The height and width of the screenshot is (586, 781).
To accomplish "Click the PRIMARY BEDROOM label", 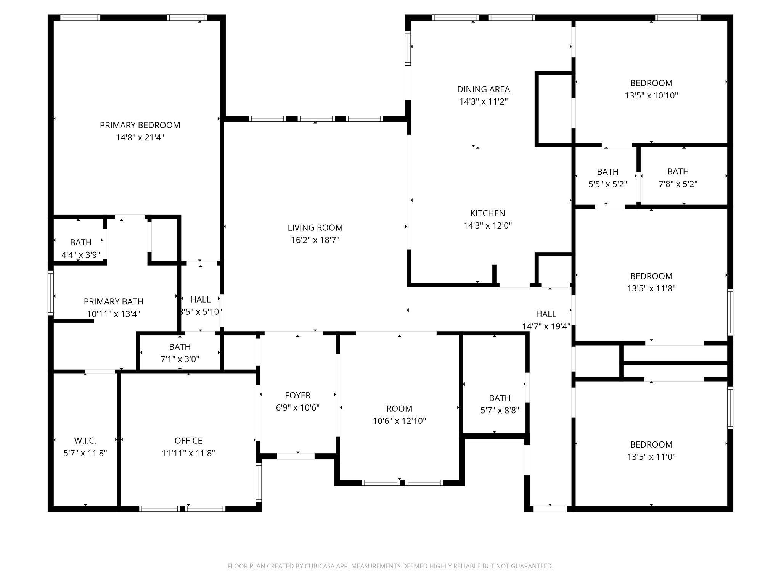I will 140,125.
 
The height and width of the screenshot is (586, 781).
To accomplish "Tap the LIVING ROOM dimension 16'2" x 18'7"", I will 315,240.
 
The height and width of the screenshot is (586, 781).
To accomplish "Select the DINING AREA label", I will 484,89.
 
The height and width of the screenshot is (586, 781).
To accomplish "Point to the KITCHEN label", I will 487,213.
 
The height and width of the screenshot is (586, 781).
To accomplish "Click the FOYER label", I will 298,395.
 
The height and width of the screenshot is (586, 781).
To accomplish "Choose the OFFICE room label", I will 188,441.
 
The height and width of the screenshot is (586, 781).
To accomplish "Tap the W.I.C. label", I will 85,441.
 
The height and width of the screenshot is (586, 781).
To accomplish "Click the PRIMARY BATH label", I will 114,301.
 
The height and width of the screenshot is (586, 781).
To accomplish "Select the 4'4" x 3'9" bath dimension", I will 80,255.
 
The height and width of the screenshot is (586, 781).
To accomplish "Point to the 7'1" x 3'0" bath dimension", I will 180,359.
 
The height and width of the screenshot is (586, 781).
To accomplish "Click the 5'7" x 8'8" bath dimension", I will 500,411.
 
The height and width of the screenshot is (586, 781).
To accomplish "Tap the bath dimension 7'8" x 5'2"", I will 678,184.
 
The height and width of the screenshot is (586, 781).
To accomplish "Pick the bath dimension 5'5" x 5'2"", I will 607,184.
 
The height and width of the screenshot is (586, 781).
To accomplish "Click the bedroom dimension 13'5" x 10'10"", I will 651,95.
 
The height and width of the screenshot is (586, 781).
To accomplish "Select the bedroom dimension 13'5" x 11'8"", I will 651,288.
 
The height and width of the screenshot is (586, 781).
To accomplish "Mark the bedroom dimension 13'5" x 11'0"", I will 651,457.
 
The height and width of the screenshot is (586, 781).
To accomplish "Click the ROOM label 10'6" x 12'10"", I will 399,409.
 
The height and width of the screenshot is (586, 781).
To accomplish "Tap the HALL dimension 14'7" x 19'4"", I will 546,326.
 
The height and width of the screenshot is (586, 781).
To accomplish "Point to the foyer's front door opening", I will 296,456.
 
